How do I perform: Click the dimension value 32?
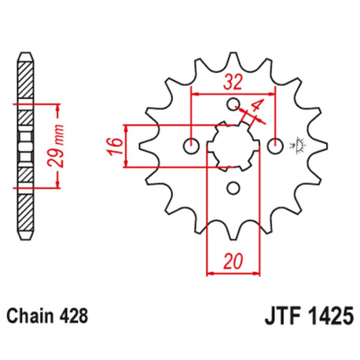click(233, 79)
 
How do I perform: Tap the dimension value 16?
click(115, 145)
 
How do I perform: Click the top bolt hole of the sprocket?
click(233, 104)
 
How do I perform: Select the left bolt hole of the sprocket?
click(191, 145)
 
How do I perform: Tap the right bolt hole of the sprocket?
click(274, 145)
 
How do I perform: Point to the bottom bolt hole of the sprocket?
click(233, 187)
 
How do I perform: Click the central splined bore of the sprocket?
click(233, 145)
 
